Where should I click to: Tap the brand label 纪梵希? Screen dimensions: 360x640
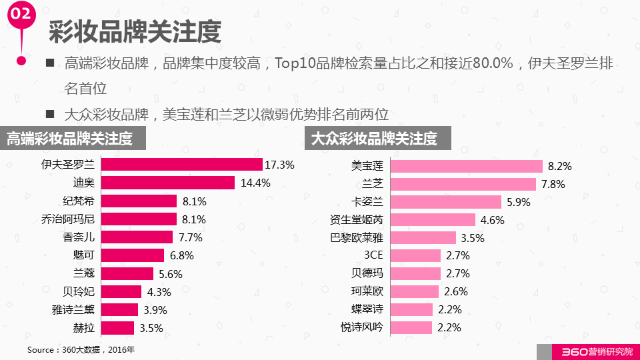point(78,201)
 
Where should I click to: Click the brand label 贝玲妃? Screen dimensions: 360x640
point(78,291)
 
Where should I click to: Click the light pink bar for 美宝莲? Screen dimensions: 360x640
point(467,166)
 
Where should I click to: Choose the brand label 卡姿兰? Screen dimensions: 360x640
point(367,202)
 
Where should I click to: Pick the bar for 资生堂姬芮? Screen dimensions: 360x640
point(433,219)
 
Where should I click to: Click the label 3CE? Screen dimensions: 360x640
point(373,255)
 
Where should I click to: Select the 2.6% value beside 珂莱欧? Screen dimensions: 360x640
point(455,291)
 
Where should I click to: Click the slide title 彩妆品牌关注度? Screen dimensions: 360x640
point(135,31)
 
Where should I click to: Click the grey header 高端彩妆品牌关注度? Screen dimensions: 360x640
point(70,139)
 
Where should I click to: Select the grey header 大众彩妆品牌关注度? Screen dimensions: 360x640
point(375,139)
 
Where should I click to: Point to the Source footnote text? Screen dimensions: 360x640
point(81,349)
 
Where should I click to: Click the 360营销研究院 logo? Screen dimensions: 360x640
point(587,351)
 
